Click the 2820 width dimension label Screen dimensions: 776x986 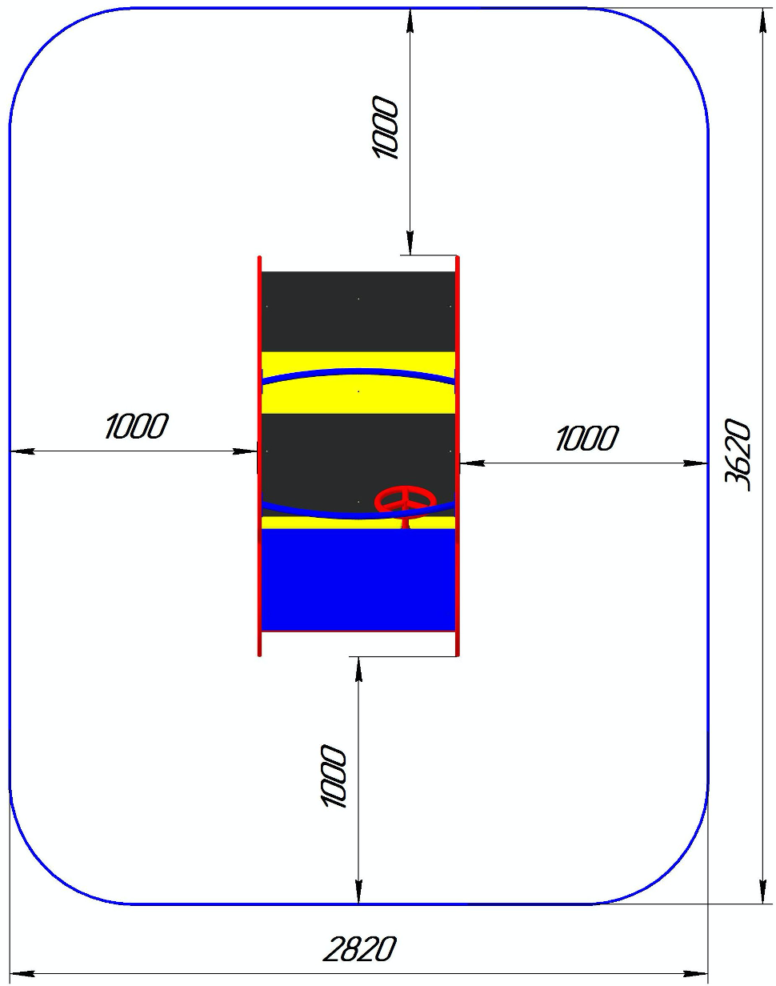(x=359, y=948)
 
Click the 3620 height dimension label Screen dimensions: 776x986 (x=738, y=454)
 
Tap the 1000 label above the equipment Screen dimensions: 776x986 (x=386, y=127)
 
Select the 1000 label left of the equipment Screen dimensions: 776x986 (x=137, y=426)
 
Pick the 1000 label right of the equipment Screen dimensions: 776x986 (x=587, y=438)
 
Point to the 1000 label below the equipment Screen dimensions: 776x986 (x=333, y=776)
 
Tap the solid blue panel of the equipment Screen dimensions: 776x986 (x=358, y=580)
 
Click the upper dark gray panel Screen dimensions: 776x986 (x=358, y=311)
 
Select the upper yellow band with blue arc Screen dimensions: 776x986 (x=358, y=383)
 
